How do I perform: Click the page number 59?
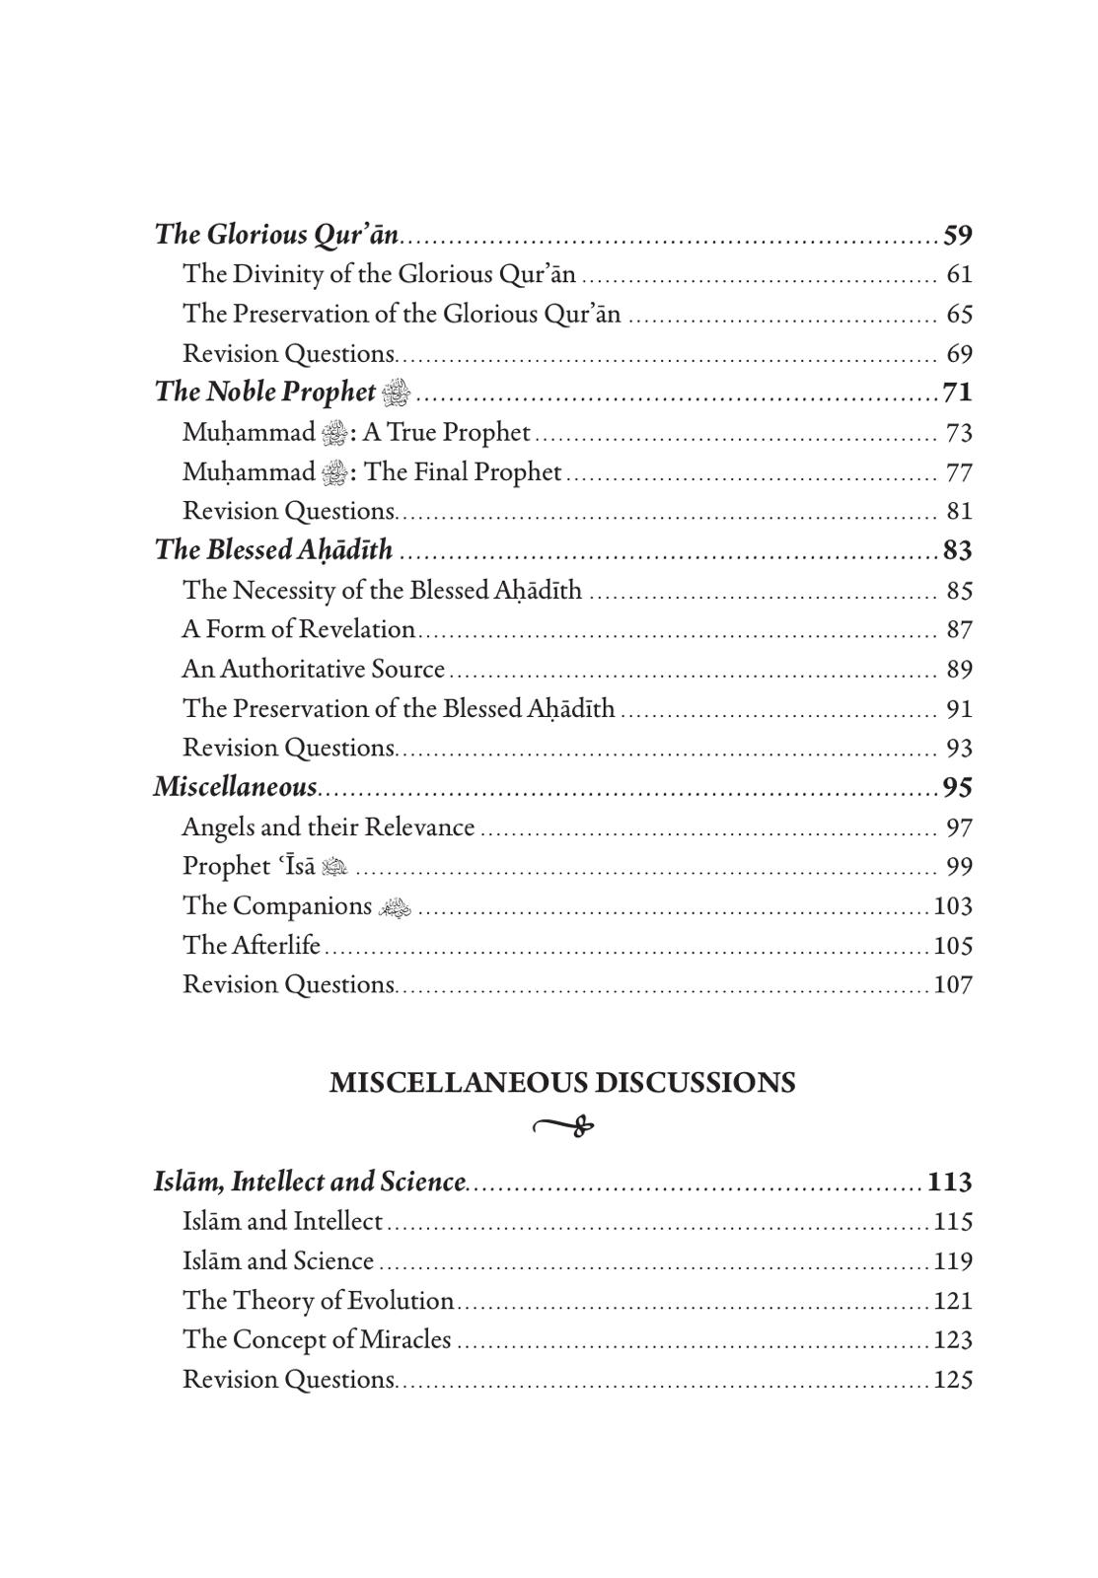coord(957,235)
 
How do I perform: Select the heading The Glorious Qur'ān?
coord(276,235)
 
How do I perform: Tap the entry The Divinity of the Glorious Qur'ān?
coord(379,274)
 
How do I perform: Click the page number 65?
coord(959,314)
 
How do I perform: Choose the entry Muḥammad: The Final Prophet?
coord(371,472)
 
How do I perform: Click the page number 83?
coord(957,550)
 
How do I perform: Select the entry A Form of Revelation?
coord(298,629)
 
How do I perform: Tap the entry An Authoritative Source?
coord(313,669)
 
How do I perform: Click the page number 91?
coord(959,708)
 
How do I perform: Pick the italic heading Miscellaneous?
coord(235,787)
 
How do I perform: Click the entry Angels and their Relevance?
coord(328,826)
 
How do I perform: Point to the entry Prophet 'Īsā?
coord(263,866)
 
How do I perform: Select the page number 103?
coord(952,905)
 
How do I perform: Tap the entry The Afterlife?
coord(252,945)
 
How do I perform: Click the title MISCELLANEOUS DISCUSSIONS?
coord(562,1083)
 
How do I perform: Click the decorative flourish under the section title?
coord(563,1125)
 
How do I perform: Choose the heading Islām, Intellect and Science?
coord(309,1182)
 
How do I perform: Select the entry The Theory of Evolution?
coord(318,1300)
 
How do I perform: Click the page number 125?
coord(952,1379)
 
